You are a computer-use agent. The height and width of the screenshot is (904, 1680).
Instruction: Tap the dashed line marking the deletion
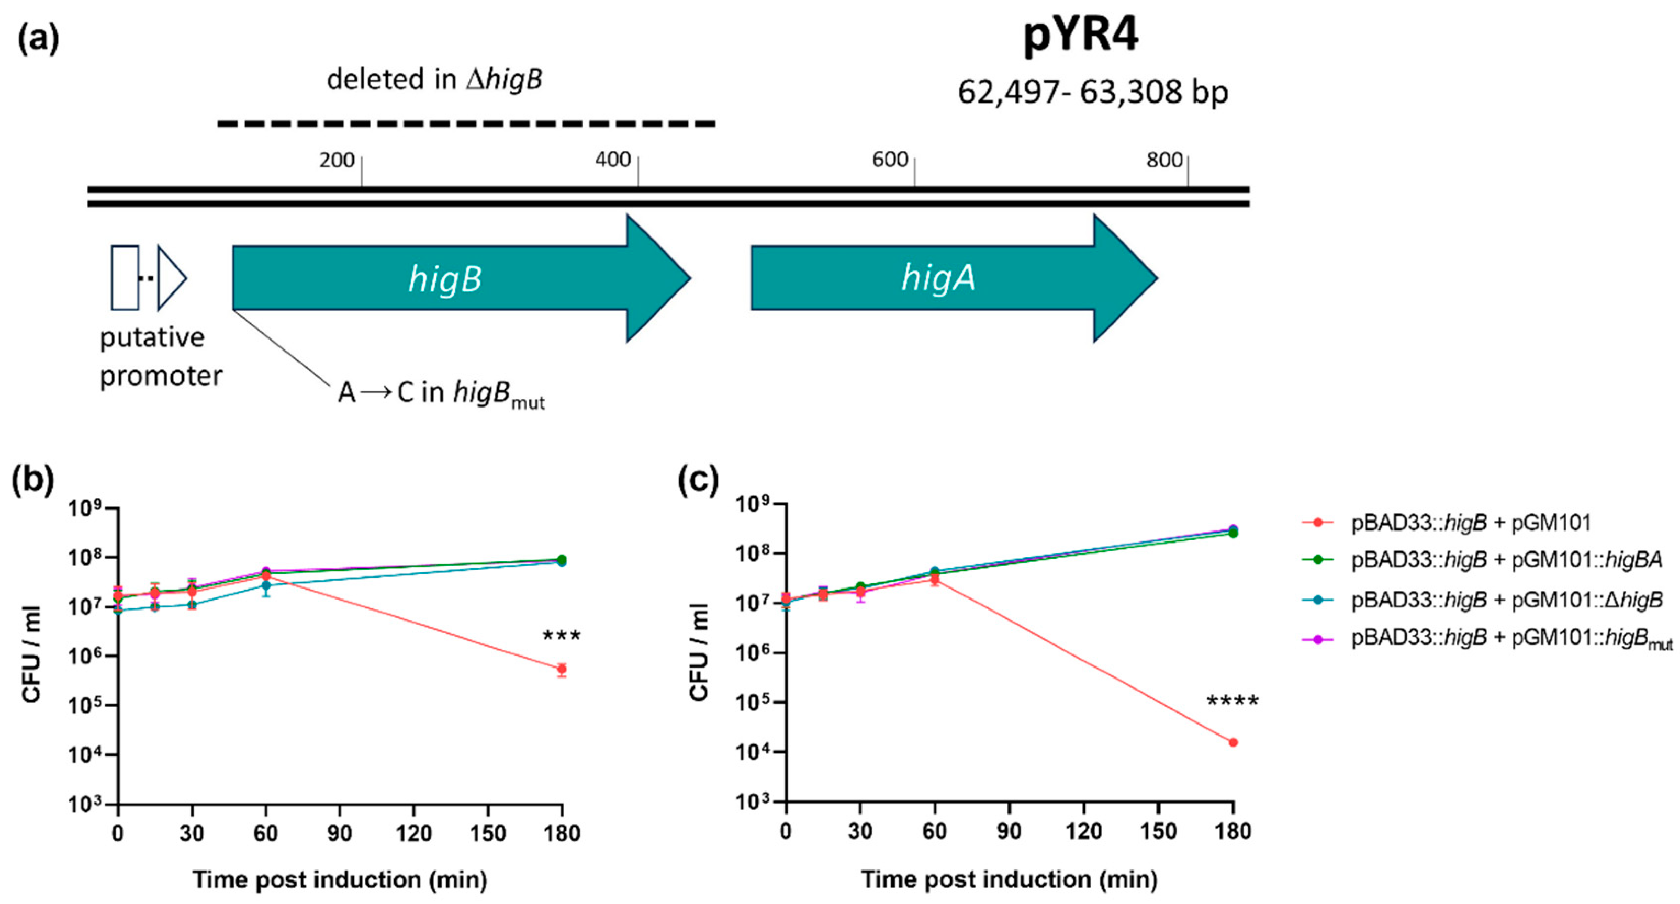click(x=466, y=123)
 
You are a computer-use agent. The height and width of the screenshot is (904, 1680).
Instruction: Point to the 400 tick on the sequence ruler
click(x=637, y=171)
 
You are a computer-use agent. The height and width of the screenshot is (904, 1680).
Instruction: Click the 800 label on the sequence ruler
click(x=1163, y=160)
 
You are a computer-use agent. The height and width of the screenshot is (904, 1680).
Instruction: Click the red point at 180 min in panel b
click(x=562, y=669)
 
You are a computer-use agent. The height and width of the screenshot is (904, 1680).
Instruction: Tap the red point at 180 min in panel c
click(x=1233, y=742)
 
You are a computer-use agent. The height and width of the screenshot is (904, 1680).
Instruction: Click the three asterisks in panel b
click(x=562, y=636)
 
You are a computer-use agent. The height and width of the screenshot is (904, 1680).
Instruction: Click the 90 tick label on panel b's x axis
click(x=340, y=833)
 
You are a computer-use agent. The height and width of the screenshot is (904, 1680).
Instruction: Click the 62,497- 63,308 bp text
click(x=1092, y=92)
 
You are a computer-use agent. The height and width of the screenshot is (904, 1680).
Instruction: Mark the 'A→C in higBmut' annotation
click(x=441, y=393)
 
